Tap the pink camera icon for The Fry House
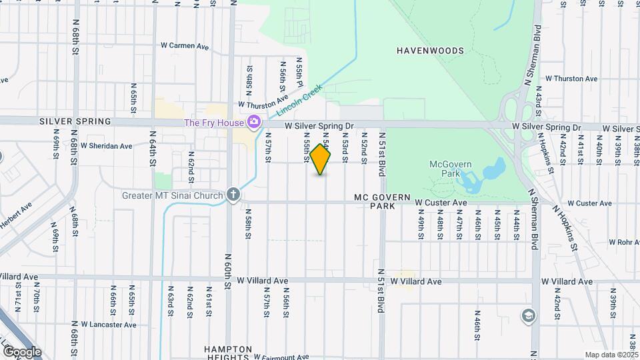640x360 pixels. (x=253, y=122)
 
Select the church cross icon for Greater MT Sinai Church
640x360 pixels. (x=233, y=195)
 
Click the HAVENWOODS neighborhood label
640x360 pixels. (x=429, y=51)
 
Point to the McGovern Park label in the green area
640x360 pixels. (x=447, y=169)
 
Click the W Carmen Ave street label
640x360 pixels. (x=185, y=47)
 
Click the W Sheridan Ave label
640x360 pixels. (x=107, y=145)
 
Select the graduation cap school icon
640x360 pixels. (x=528, y=315)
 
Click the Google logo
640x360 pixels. (x=21, y=351)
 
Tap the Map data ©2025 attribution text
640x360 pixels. (x=611, y=355)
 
